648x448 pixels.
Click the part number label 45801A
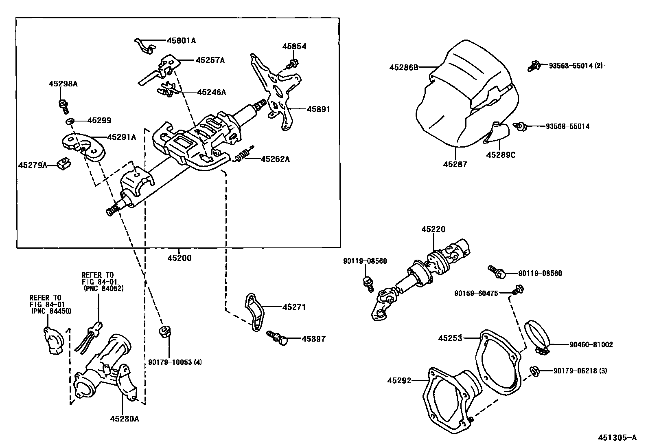[181, 40]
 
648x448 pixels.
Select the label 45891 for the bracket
[318, 109]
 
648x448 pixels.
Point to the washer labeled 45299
[70, 121]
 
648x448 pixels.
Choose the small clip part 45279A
[64, 164]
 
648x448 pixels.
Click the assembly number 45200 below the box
[179, 258]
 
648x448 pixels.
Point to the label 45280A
[124, 418]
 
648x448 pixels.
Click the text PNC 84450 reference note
[51, 311]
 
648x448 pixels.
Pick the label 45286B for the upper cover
[403, 67]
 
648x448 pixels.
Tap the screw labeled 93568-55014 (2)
[533, 66]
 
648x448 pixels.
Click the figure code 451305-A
[617, 438]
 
